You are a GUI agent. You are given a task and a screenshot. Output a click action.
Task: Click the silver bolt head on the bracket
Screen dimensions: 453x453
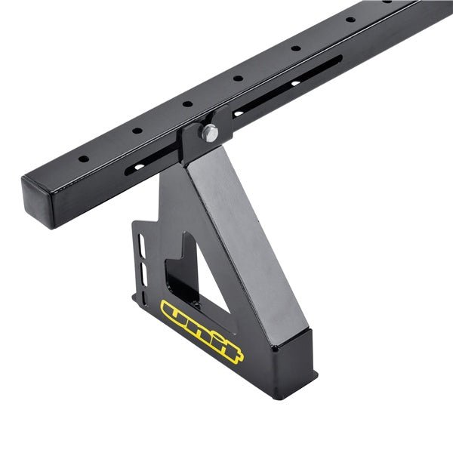pos(210,133)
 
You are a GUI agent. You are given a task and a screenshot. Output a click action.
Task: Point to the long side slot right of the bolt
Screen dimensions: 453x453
pos(287,86)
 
